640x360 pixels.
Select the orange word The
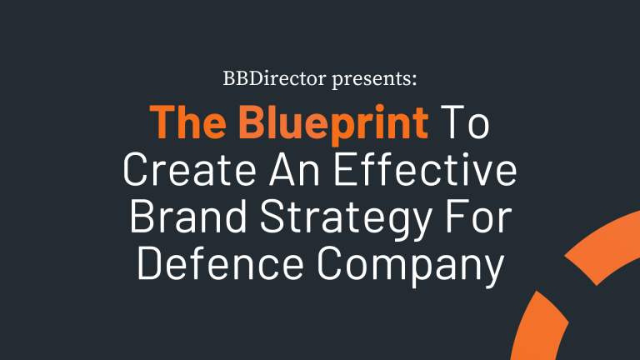(182, 123)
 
